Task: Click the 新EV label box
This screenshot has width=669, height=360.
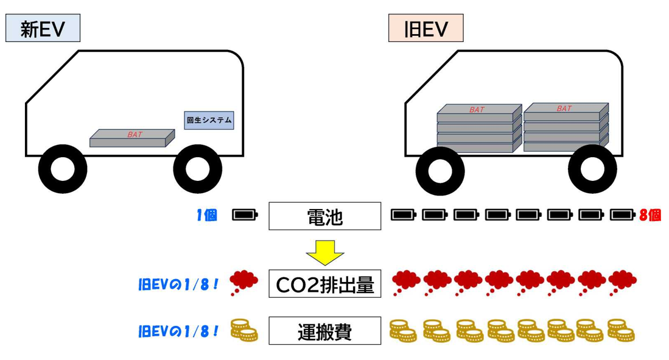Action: [x=43, y=28]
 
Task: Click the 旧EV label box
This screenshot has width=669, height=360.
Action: [x=426, y=28]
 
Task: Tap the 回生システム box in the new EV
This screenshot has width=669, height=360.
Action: [x=209, y=120]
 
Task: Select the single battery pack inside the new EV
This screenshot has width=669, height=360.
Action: [x=132, y=138]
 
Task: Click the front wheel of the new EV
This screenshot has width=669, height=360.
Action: [x=63, y=169]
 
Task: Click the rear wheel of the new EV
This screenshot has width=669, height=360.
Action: [x=197, y=169]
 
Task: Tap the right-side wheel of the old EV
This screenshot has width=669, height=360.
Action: [x=592, y=169]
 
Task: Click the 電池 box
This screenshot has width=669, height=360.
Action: [x=324, y=216]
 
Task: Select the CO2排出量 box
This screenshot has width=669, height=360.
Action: [x=324, y=284]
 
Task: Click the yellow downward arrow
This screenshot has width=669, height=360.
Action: [x=324, y=252]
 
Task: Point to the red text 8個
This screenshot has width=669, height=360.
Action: [x=650, y=215]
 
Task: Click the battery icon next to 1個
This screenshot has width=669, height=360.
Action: [x=245, y=215]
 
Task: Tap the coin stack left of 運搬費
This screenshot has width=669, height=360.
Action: [x=244, y=331]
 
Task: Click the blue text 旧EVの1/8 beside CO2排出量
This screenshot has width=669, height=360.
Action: [x=178, y=284]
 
